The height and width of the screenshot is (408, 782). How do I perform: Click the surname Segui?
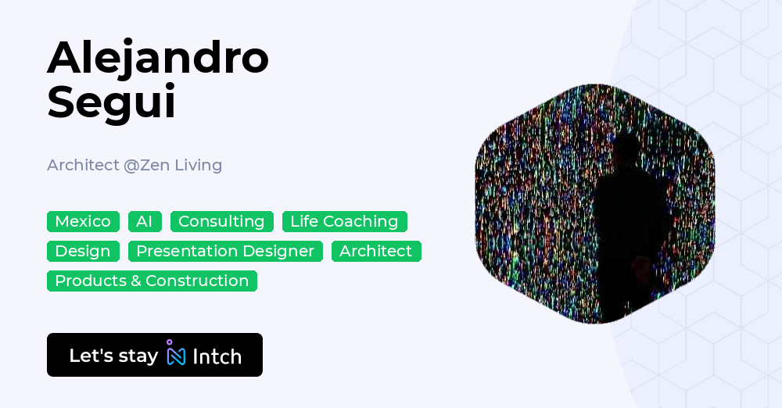click(x=112, y=102)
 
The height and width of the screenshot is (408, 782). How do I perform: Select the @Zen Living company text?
click(x=173, y=165)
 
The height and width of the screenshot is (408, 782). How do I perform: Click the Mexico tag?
click(x=83, y=222)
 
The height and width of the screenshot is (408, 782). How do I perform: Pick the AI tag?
click(x=145, y=222)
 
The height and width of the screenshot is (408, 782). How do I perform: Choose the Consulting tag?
click(x=221, y=222)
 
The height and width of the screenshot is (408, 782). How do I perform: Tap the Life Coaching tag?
click(x=344, y=222)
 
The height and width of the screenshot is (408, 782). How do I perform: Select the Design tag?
click(x=83, y=252)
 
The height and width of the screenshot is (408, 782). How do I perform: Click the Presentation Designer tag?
click(x=225, y=252)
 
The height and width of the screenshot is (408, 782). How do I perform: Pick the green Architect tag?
click(x=376, y=252)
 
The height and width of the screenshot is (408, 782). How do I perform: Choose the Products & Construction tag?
click(x=152, y=281)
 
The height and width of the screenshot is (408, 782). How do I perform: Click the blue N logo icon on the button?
click(x=176, y=357)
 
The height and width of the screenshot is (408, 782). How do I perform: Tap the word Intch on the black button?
click(x=217, y=357)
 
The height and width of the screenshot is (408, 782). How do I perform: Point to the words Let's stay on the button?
click(x=113, y=356)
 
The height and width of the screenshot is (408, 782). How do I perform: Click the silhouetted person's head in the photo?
click(x=626, y=149)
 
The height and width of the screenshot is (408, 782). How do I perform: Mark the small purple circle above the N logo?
click(x=169, y=342)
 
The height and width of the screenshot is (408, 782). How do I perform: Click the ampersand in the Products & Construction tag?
click(x=137, y=281)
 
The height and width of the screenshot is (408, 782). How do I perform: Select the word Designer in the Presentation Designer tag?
click(x=282, y=252)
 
